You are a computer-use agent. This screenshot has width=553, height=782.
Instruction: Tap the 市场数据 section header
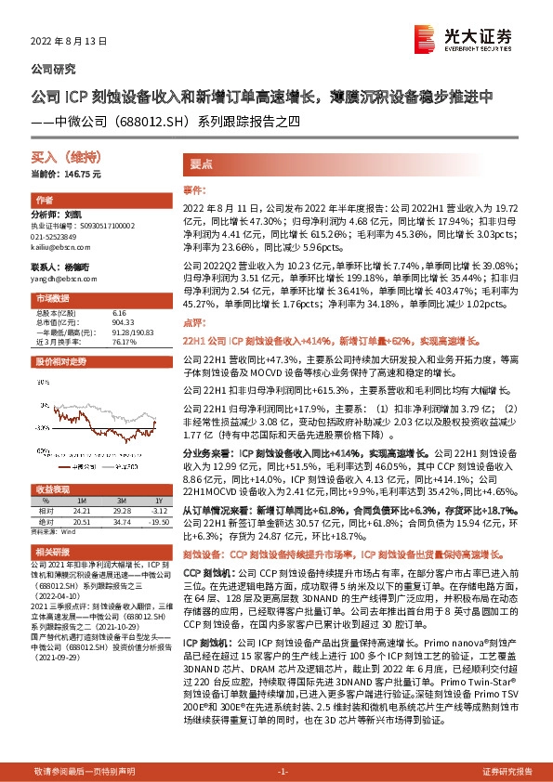52,299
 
